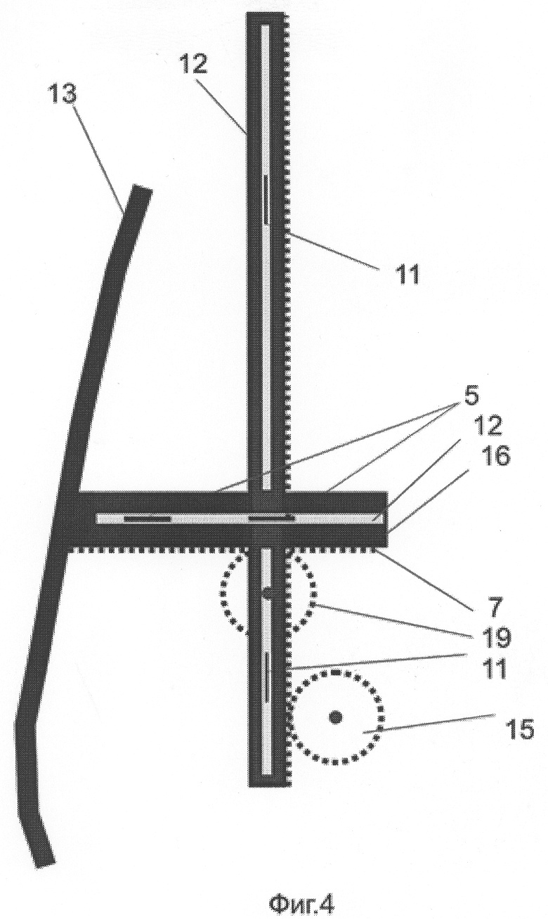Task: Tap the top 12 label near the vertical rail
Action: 194,64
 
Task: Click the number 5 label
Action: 471,397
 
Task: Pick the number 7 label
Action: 495,607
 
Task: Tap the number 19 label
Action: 495,637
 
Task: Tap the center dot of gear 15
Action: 336,717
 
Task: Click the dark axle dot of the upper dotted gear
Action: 267,593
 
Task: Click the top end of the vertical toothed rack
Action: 266,13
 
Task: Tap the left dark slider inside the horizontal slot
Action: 148,519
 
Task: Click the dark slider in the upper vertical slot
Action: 267,200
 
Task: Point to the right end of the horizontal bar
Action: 386,519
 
